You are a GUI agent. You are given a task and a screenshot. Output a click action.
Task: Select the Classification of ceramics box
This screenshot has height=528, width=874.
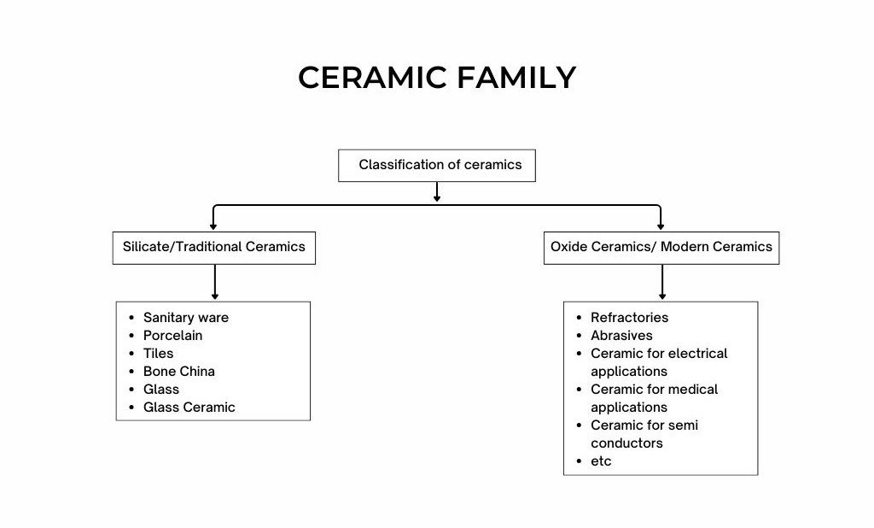(437, 165)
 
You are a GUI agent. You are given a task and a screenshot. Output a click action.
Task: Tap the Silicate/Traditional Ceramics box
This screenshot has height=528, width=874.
(213, 247)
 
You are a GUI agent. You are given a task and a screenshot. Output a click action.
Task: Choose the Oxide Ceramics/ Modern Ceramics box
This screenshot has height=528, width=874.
(661, 247)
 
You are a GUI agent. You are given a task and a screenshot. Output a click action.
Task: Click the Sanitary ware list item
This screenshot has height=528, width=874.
(185, 318)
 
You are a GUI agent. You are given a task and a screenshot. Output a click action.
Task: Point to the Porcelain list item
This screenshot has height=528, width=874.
(172, 336)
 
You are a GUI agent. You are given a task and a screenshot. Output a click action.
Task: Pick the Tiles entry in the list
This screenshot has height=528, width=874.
(158, 354)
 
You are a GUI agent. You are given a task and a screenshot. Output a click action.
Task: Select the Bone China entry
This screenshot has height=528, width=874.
(178, 372)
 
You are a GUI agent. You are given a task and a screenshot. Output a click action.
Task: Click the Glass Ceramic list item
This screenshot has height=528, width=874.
(189, 408)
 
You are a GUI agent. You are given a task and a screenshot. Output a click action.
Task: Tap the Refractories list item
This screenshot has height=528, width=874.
(629, 318)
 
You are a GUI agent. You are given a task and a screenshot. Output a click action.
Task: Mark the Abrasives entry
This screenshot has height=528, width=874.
(621, 336)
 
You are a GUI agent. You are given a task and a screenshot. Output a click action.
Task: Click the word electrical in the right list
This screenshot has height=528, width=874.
(697, 354)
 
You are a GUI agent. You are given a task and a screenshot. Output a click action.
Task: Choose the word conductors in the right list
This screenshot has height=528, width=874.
(626, 443)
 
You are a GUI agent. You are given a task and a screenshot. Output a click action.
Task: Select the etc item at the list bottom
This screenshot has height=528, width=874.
(601, 461)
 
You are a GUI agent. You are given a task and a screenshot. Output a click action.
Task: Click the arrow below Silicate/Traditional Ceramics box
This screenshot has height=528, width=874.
(214, 282)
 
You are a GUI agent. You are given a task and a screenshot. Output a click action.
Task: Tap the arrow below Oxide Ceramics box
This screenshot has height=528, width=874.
(661, 282)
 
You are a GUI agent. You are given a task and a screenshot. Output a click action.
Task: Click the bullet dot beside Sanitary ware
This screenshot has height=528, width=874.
(131, 318)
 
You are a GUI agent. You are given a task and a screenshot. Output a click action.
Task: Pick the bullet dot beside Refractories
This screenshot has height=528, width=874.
(579, 318)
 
